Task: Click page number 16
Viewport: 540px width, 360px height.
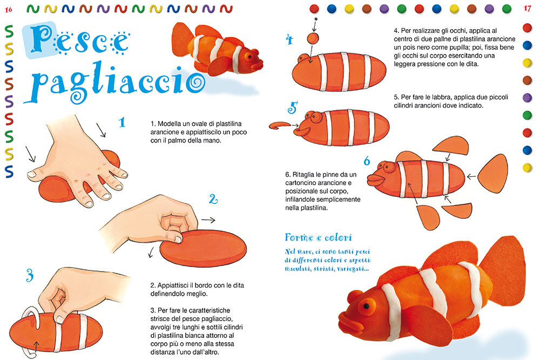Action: pyautogui.click(x=9, y=8)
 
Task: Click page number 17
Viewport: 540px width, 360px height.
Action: pyautogui.click(x=528, y=8)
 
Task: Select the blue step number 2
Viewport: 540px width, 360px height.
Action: pyautogui.click(x=213, y=200)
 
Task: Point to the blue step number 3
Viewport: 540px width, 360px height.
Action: pyautogui.click(x=29, y=275)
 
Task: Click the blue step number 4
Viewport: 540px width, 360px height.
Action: pyautogui.click(x=289, y=39)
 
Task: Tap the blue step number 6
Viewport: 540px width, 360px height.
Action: pyautogui.click(x=367, y=161)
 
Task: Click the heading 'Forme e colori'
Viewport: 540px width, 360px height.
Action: pyautogui.click(x=319, y=237)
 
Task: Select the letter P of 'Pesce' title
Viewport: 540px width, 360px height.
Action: pyautogui.click(x=39, y=40)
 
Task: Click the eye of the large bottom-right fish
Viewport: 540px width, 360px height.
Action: pyautogui.click(x=367, y=307)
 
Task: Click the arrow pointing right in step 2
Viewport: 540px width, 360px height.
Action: pyautogui.click(x=208, y=220)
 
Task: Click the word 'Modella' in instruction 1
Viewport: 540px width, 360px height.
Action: pyautogui.click(x=170, y=123)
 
